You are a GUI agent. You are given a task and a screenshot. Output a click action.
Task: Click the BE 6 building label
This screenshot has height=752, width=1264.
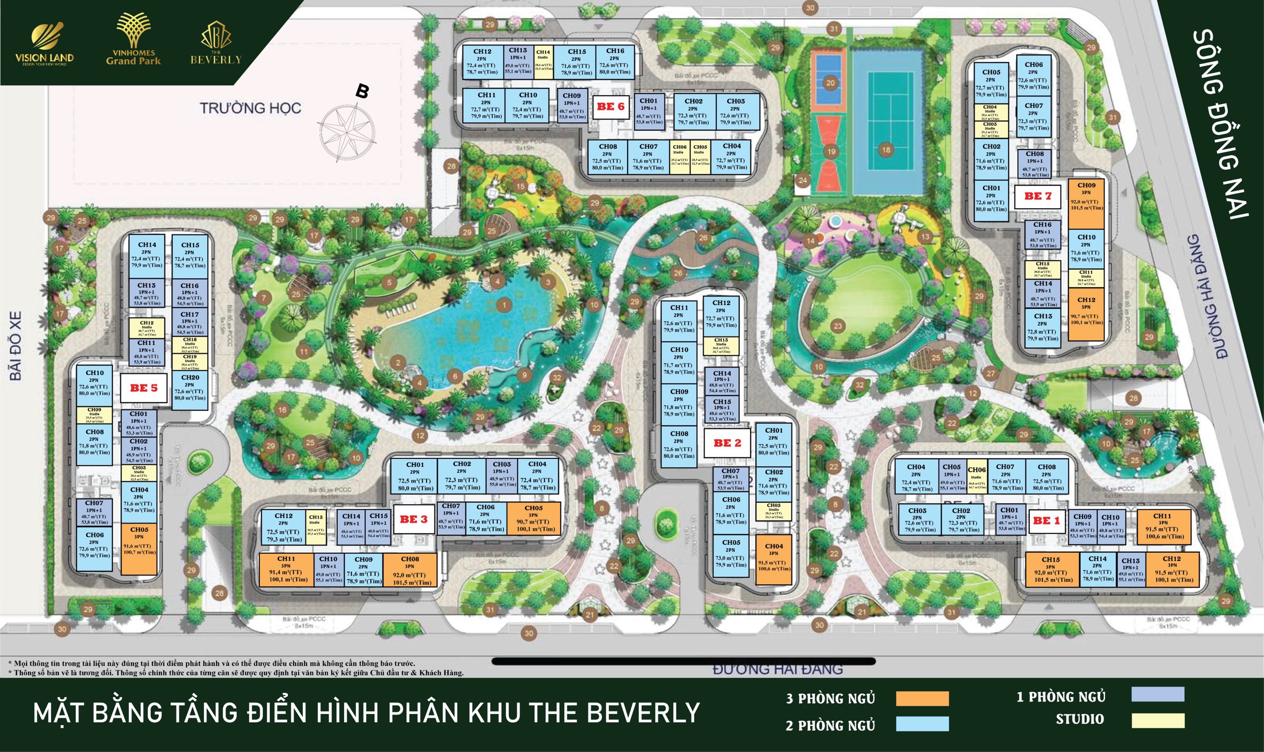click(x=610, y=107)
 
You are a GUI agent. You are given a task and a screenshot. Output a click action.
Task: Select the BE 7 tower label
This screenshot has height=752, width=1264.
click(x=1038, y=196)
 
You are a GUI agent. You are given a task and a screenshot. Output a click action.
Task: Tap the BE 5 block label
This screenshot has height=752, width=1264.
click(x=144, y=389)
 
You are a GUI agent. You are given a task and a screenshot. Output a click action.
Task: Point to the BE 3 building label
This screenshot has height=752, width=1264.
click(x=414, y=520)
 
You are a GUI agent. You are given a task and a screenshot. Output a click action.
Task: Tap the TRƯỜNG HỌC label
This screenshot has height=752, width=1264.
click(x=250, y=108)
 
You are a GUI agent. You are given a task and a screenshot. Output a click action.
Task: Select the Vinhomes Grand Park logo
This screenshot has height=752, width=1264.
click(x=133, y=40)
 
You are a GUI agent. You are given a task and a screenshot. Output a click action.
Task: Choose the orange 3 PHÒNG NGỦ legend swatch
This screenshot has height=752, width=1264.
click(x=922, y=698)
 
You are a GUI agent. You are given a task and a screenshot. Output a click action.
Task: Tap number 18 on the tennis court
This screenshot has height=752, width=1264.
click(x=886, y=150)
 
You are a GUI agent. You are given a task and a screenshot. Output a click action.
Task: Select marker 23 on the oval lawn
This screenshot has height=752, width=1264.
click(x=838, y=326)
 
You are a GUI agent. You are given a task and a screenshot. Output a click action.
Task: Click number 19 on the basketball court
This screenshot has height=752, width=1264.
click(x=830, y=151)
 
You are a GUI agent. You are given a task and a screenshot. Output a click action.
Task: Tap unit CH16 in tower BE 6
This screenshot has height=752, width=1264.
click(x=615, y=62)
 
